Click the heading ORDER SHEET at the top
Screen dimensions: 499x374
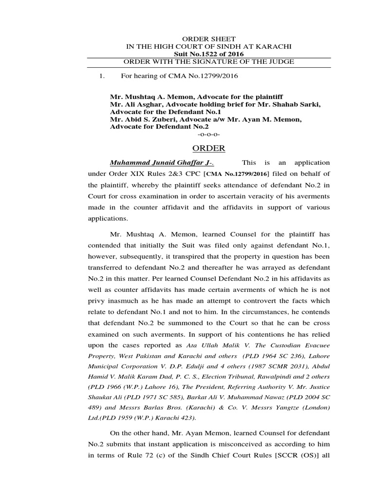pyautogui.click(x=208, y=38)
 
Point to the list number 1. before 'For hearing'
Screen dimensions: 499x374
pyautogui.click(x=102, y=76)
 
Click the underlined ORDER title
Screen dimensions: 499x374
pyautogui.click(x=208, y=148)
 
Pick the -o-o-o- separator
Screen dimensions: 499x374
pyautogui.click(x=209, y=134)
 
